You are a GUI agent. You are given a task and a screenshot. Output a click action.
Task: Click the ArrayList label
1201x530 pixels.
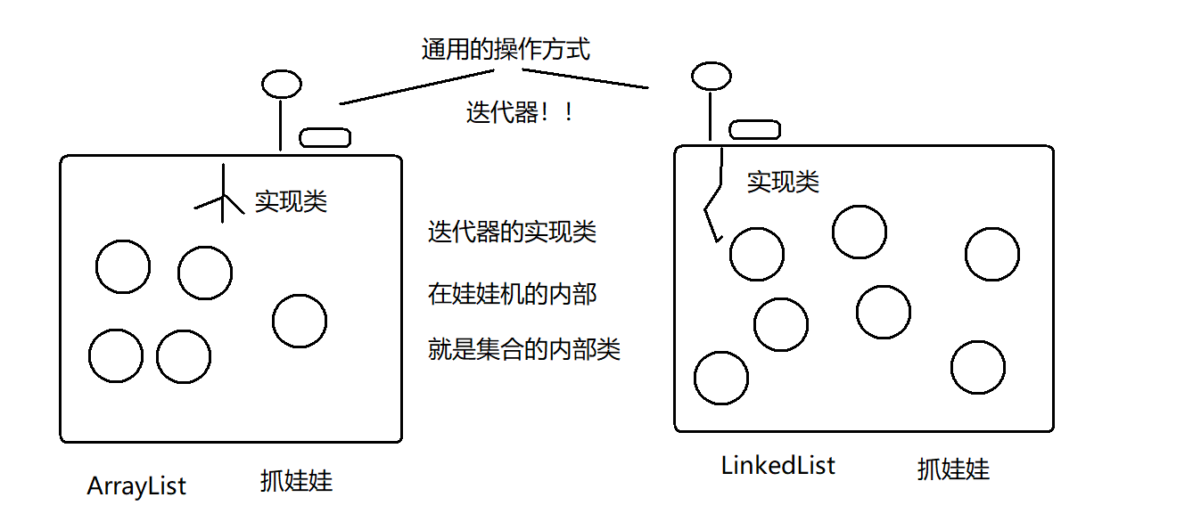click(x=136, y=486)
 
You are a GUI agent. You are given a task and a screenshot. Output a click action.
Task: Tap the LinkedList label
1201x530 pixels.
click(x=778, y=465)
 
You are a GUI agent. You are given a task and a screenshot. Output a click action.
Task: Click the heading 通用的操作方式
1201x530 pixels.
click(x=506, y=49)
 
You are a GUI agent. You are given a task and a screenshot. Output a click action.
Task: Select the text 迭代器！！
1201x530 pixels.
click(x=520, y=112)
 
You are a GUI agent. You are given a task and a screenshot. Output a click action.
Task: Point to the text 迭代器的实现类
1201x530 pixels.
click(x=512, y=232)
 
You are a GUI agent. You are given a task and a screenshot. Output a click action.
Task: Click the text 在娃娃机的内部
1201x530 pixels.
click(x=512, y=294)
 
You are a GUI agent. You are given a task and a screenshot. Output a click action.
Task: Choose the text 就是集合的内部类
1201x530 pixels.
click(x=524, y=349)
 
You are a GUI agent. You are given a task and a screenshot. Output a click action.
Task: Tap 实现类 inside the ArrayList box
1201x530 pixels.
click(x=291, y=201)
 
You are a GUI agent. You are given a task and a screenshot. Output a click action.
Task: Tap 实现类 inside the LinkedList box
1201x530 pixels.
click(x=783, y=183)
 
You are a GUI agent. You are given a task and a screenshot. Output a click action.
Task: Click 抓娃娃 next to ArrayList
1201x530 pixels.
click(x=297, y=481)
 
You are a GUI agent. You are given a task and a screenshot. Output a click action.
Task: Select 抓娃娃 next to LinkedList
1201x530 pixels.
click(x=953, y=469)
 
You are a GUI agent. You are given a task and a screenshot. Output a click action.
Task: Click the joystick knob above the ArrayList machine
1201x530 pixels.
click(x=282, y=84)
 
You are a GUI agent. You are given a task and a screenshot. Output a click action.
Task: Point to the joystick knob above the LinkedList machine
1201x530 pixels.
click(x=712, y=76)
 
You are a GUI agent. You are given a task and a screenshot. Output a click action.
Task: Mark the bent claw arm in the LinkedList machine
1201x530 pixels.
click(x=713, y=196)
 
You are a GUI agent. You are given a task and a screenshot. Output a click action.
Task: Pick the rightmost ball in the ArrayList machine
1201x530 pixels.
click(x=300, y=321)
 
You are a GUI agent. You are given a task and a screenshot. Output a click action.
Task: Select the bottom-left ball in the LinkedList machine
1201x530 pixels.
click(x=721, y=378)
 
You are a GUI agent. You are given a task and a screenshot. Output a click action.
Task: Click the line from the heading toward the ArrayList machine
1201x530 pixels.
click(x=416, y=87)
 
